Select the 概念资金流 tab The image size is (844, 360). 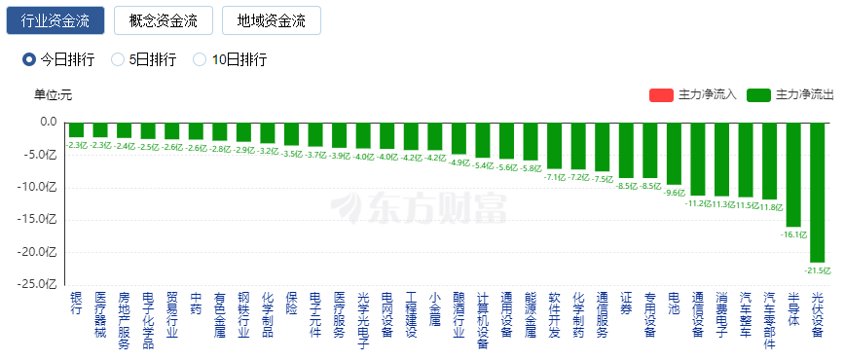tap(163, 20)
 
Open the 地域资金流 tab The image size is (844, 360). tap(271, 20)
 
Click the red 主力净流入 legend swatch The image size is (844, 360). tap(661, 95)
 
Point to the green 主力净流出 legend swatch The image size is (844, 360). tap(759, 95)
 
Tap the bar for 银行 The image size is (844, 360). tap(75, 129)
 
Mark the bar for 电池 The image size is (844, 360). tap(674, 153)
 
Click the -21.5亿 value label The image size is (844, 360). tap(816, 270)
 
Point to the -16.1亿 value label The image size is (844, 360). tap(793, 234)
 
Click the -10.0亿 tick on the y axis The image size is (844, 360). tap(40, 187)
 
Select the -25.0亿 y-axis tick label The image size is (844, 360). tap(40, 284)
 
